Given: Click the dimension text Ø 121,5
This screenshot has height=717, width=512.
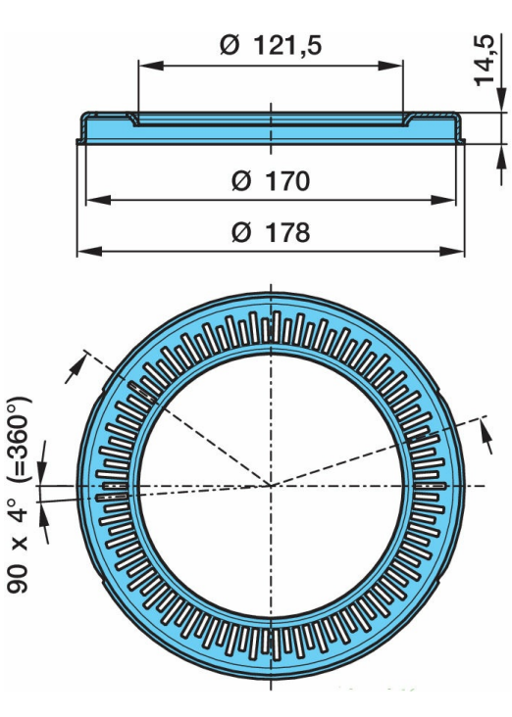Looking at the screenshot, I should pyautogui.click(x=271, y=45).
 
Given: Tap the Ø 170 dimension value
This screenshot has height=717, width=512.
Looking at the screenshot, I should pyautogui.click(x=271, y=181).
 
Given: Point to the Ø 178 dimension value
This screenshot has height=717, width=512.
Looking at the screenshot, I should pyautogui.click(x=271, y=233).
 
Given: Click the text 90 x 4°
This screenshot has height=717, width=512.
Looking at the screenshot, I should pyautogui.click(x=21, y=543).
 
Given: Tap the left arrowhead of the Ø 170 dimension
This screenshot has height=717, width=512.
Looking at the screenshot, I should pyautogui.click(x=92, y=201).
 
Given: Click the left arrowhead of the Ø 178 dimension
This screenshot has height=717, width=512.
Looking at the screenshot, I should pyautogui.click(x=84, y=252).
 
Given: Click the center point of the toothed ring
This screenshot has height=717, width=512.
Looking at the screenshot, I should pyautogui.click(x=270, y=485).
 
